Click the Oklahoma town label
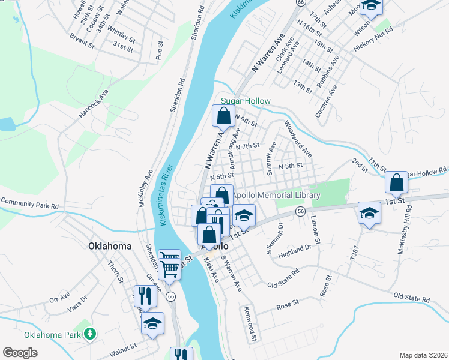pos(109,246)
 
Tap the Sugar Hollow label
pos(246,101)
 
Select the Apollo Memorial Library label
pos(276,196)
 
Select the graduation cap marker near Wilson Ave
pos(372,5)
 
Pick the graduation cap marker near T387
pos(370,212)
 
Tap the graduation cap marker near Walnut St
pos(152,323)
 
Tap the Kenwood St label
pos(249,325)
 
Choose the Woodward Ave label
pos(297,137)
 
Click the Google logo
pos(20,353)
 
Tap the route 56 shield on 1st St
pos(300,211)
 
